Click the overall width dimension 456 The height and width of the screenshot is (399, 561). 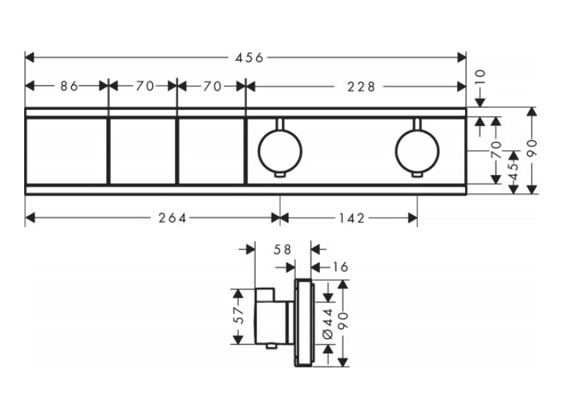click(249, 58)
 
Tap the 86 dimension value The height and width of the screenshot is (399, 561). click(69, 86)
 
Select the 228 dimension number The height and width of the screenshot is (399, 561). click(361, 86)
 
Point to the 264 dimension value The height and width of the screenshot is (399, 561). click(172, 217)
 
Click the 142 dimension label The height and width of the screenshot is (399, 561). click(351, 217)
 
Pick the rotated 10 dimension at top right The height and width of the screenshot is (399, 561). click(480, 77)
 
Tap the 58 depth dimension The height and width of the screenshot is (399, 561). click(282, 250)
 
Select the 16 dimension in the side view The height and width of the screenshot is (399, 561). click(340, 266)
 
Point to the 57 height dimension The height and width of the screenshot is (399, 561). click(239, 316)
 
